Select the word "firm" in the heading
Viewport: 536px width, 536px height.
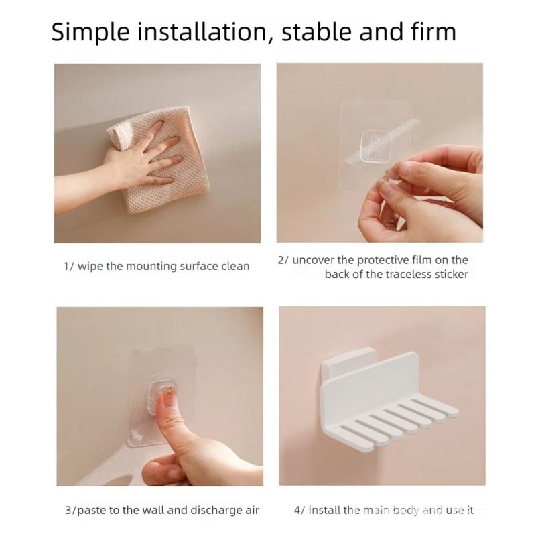433,31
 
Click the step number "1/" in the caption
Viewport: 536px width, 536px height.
68,267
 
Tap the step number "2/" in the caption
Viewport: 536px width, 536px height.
283,260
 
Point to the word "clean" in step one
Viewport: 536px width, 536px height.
234,267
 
